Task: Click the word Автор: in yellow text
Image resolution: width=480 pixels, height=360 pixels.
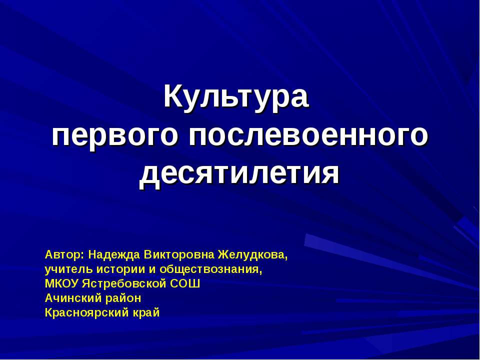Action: click(x=64, y=254)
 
